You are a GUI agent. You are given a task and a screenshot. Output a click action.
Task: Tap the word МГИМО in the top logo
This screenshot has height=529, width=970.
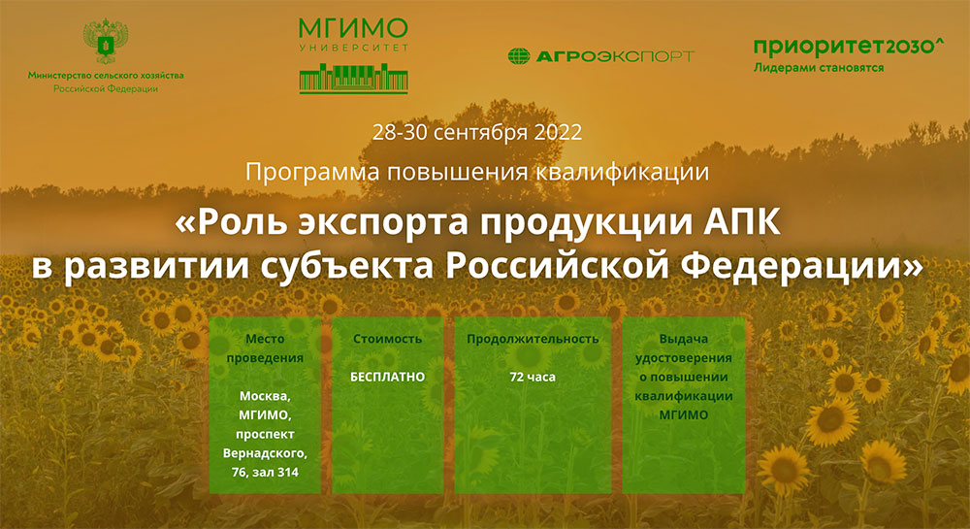click(x=353, y=27)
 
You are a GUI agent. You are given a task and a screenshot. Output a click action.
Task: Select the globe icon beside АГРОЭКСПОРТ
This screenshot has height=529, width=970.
click(x=519, y=56)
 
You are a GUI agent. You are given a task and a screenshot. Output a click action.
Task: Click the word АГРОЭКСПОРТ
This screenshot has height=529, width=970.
click(x=613, y=56)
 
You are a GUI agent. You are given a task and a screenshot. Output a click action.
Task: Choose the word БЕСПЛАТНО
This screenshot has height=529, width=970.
click(x=388, y=376)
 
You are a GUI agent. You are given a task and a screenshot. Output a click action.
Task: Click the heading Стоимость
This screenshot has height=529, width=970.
click(x=388, y=340)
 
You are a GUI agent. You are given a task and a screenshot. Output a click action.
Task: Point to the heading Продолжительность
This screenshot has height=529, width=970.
click(x=533, y=340)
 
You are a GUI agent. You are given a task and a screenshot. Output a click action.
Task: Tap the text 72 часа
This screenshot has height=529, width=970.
click(x=533, y=376)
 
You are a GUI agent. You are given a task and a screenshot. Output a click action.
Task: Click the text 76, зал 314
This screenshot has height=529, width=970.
click(x=265, y=472)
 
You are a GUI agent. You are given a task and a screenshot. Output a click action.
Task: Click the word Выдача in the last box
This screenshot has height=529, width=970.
click(x=683, y=340)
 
